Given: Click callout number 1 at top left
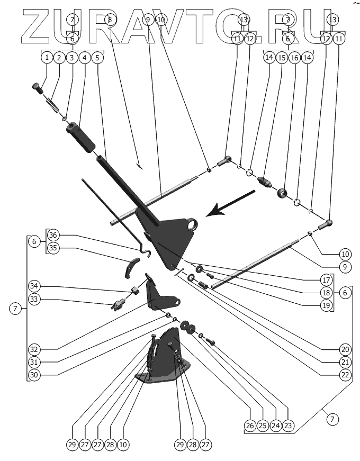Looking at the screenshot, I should click(48, 57).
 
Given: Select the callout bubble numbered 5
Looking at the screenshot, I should click(97, 57).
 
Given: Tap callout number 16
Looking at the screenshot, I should click(295, 57).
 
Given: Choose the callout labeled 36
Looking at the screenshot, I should click(52, 234).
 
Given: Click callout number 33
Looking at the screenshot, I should click(34, 300).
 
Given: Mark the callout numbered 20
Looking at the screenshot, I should click(346, 350).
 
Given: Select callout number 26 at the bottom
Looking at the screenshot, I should click(249, 425).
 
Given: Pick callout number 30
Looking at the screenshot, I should click(34, 375).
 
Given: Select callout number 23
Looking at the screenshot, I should click(288, 425).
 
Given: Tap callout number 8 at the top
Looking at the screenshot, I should click(109, 20).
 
